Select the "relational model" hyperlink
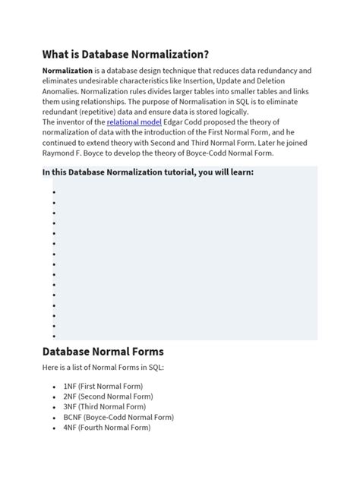(134, 122)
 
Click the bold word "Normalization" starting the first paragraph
(72, 71)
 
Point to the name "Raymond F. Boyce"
(74, 153)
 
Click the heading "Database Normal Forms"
(103, 352)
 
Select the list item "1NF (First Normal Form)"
(103, 386)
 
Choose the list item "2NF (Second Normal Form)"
(108, 396)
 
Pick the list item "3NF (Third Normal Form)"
(105, 406)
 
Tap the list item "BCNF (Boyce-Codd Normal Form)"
(118, 417)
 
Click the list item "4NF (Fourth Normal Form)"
(107, 427)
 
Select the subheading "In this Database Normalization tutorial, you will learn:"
(148, 172)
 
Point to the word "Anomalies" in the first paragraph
(63, 90)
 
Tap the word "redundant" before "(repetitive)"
(63, 111)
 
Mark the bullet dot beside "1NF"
(54, 387)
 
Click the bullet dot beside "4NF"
(54, 428)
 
